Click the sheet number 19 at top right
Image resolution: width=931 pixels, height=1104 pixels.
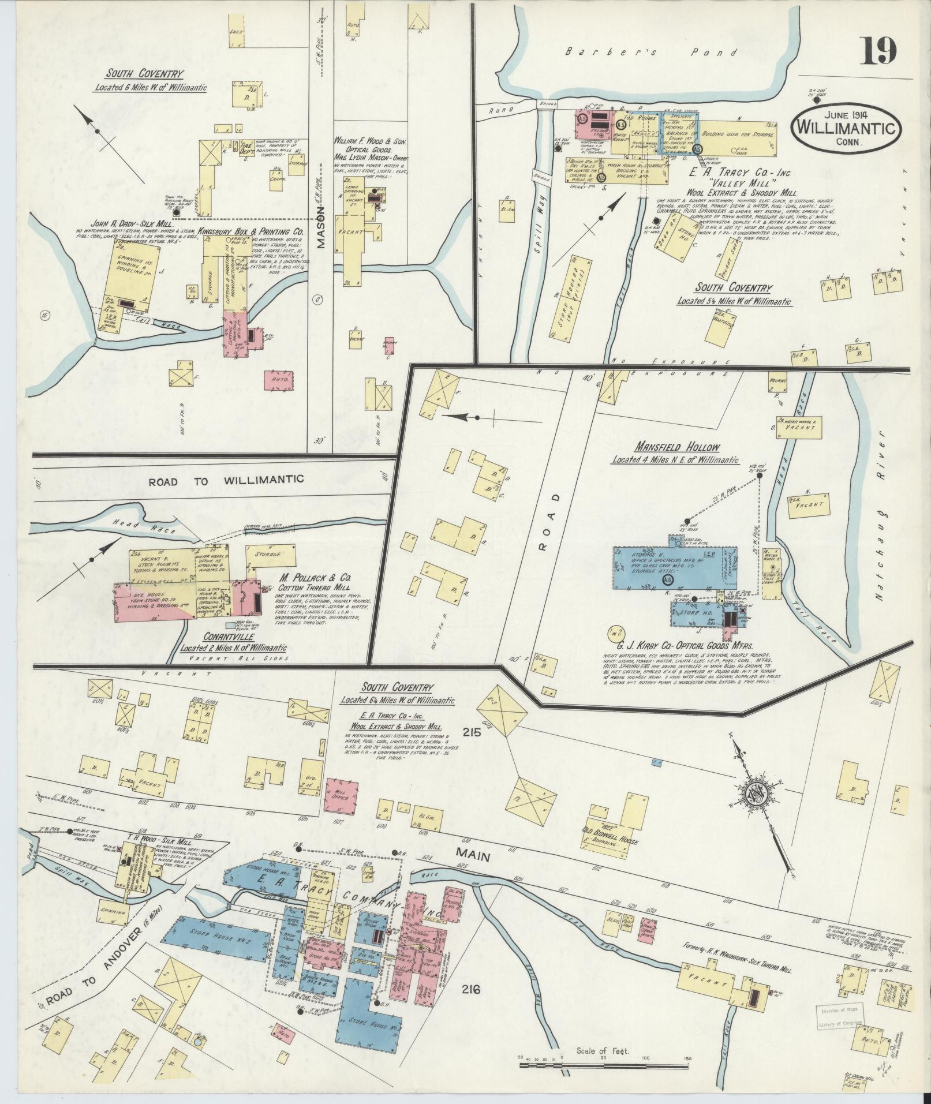point(879,51)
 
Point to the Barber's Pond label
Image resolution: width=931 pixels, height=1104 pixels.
point(651,53)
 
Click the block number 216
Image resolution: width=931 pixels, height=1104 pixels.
point(470,990)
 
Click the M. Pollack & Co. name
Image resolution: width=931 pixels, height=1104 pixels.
point(317,577)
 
